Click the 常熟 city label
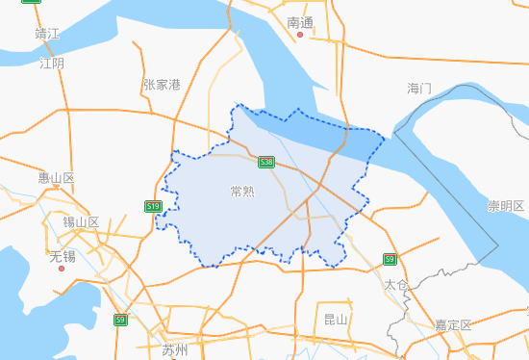point(242,191)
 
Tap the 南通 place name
point(300,21)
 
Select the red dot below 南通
point(300,36)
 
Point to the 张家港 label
point(162,85)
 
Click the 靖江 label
point(47,34)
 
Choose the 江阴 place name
point(52,64)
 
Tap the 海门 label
point(419,89)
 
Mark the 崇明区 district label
point(505,206)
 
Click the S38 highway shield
point(266,163)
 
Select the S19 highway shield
point(153,206)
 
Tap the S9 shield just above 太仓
point(390,259)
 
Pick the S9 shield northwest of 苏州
point(120,320)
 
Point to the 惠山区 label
point(56,178)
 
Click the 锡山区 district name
point(81,222)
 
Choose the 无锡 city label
point(62,257)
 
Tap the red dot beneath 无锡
point(62,270)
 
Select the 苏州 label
point(175,348)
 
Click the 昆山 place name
point(336,319)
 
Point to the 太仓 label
point(395,286)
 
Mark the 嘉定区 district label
point(453,325)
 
